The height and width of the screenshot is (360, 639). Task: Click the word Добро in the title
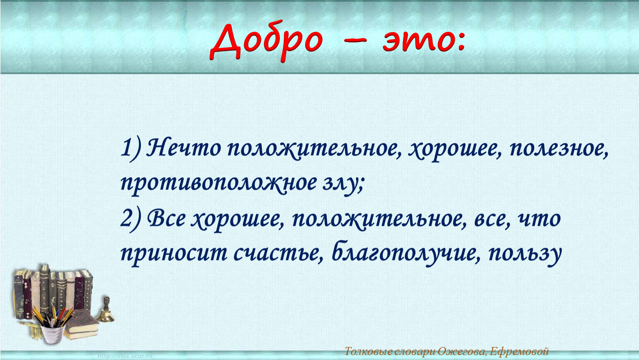[266, 41]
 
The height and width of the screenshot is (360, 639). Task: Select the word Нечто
[183, 148]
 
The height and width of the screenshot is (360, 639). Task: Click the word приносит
[174, 254]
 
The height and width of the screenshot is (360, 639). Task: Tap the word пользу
[525, 254]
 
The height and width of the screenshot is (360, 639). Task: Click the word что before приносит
[539, 220]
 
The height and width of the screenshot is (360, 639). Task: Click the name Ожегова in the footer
[462, 352]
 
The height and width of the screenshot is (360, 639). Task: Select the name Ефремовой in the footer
[519, 352]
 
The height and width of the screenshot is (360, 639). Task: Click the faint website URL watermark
[125, 356]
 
